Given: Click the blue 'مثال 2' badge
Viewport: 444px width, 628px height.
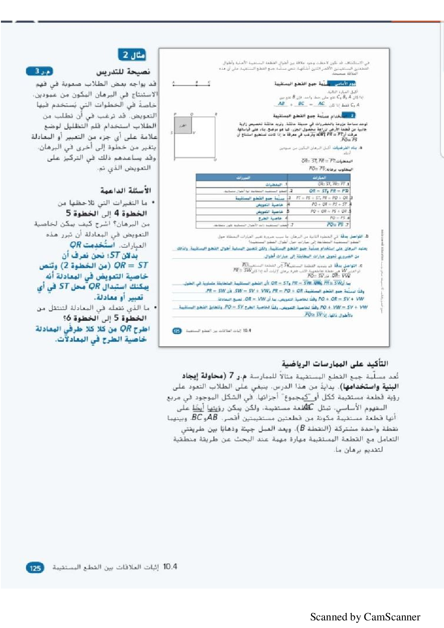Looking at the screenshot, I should (x=132, y=55).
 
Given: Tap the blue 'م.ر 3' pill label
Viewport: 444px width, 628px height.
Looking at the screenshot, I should (x=40, y=71).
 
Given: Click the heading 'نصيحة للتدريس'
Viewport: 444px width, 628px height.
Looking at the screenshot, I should (x=123, y=72).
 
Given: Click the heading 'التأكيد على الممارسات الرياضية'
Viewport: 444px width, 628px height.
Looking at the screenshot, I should (x=335, y=363).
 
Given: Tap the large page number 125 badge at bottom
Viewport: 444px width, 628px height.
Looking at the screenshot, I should (x=35, y=568).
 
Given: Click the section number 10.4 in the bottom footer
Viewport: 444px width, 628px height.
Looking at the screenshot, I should (x=170, y=567).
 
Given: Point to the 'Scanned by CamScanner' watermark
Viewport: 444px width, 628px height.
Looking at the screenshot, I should (x=365, y=617).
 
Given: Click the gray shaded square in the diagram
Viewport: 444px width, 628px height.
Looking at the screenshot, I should (x=183, y=125).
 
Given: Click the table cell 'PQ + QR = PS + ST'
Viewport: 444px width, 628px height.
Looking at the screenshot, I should (x=329, y=204).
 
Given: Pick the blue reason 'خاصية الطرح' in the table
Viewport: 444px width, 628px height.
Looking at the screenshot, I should (x=270, y=218).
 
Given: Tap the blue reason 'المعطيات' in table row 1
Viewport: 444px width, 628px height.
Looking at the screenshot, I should (x=273, y=185).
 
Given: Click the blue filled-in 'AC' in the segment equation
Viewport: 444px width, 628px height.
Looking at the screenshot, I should (x=321, y=103).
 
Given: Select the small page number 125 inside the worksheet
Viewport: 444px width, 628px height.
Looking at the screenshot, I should (x=177, y=331).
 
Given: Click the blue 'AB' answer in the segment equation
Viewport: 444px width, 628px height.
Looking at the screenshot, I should (x=281, y=103).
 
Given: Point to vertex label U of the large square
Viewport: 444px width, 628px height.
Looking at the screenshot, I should (x=215, y=159).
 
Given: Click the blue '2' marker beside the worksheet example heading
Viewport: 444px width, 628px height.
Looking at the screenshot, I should (x=352, y=115).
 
